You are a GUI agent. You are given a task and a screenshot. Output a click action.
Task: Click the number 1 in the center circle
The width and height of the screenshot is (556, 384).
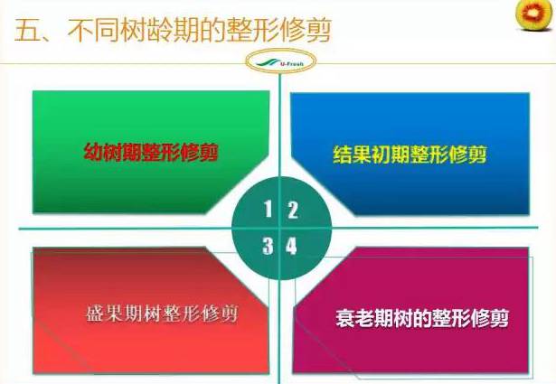point(269,209)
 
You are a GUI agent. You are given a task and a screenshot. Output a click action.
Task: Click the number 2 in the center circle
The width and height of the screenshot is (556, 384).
point(293,210)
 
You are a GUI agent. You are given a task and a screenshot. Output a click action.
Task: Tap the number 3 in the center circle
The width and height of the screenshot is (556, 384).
point(269,246)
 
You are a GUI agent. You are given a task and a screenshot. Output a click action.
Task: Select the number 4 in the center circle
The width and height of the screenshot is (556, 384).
point(291,246)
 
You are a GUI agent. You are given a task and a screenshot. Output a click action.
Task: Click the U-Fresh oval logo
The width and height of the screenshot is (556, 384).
point(280,61)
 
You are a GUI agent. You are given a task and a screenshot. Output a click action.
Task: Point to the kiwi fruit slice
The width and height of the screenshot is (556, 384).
point(535,14)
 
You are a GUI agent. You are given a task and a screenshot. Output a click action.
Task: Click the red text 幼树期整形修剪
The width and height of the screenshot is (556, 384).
point(151,152)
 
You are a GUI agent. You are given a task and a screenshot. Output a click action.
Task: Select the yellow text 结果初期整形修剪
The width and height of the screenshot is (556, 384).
point(410,155)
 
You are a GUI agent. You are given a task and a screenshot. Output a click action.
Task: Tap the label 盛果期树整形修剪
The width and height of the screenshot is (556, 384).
point(162,313)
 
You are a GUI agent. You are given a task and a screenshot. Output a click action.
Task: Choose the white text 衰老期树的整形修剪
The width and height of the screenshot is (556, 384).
point(422,318)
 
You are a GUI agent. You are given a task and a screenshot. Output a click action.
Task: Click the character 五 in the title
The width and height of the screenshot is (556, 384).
point(27,30)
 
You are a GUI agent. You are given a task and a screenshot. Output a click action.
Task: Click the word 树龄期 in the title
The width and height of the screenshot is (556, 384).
point(160,30)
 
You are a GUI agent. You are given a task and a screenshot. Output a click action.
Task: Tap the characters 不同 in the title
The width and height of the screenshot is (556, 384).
point(93,30)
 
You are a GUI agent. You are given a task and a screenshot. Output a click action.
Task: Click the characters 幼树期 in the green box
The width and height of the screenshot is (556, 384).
point(112,152)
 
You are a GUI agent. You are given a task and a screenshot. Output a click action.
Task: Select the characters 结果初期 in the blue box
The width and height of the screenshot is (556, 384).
point(372,155)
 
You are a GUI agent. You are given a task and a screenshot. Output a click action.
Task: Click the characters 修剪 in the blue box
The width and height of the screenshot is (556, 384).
point(468,155)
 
